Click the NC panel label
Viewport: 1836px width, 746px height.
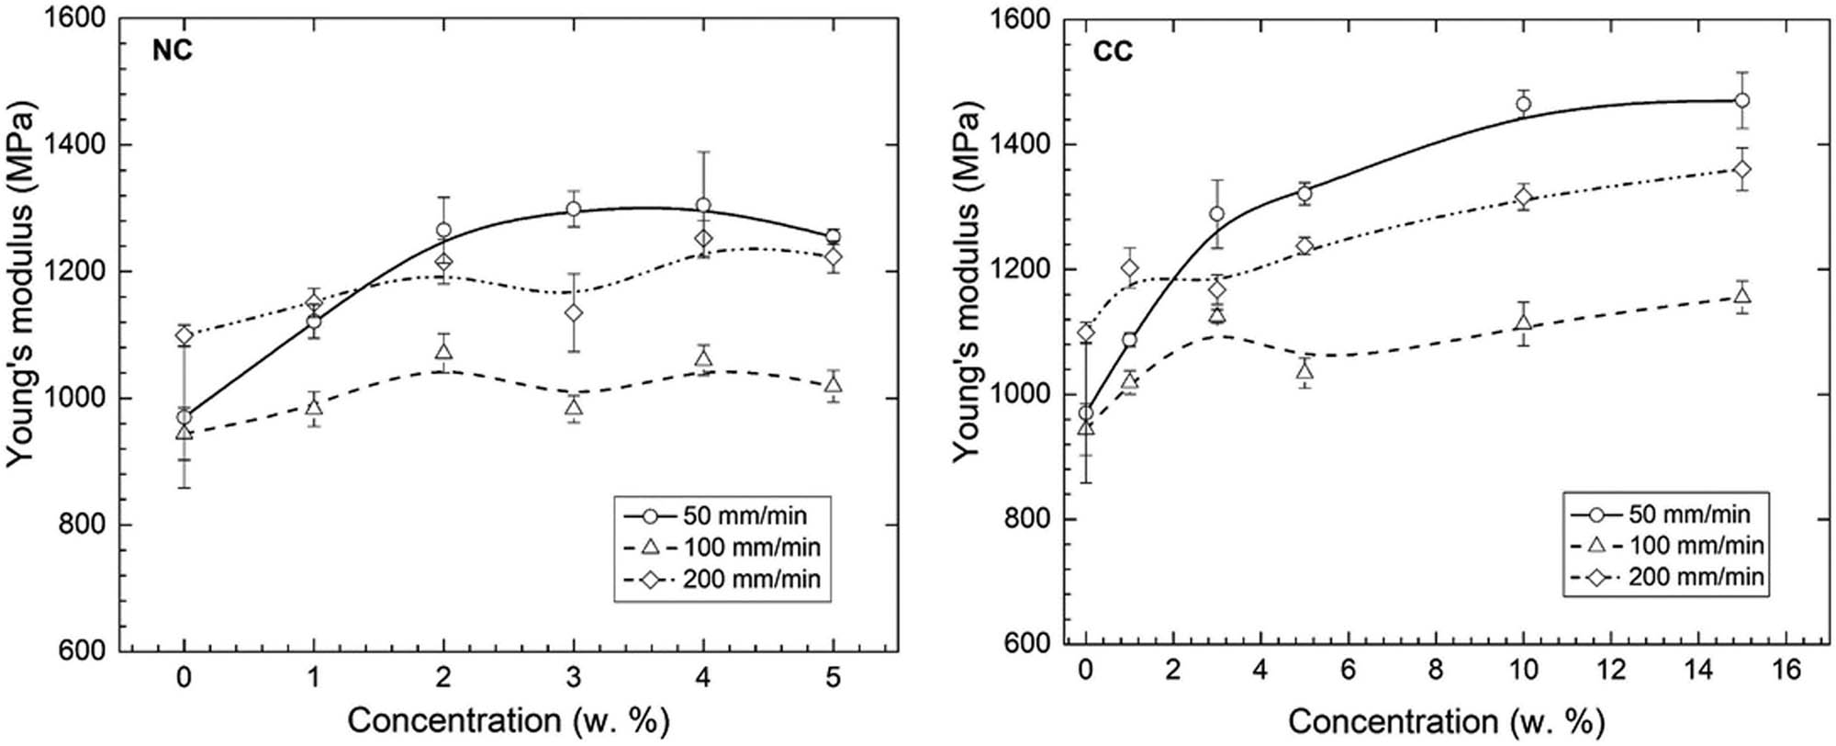pos(173,51)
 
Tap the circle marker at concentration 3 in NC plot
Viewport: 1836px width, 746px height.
pos(574,209)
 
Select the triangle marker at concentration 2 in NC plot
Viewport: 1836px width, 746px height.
pos(443,352)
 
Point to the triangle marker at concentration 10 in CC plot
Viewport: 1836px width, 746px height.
pos(1524,322)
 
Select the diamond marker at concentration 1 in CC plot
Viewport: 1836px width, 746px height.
pos(1130,268)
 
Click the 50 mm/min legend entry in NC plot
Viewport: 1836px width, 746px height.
pos(725,514)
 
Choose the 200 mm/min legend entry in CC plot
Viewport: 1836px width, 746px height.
pos(1666,577)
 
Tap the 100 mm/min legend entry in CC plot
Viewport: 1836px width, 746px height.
pos(1666,546)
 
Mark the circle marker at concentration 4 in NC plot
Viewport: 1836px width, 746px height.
pos(703,206)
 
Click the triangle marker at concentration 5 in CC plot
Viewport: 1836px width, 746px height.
pos(1304,370)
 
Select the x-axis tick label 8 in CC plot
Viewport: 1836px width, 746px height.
pos(1436,671)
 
